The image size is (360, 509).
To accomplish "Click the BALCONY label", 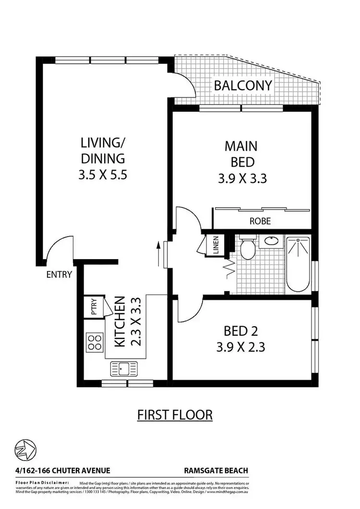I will click(243, 86).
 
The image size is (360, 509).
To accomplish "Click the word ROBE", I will click(260, 222).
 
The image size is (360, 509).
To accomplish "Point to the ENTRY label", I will click(59, 275).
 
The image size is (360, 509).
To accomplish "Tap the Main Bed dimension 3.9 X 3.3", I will click(242, 179).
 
